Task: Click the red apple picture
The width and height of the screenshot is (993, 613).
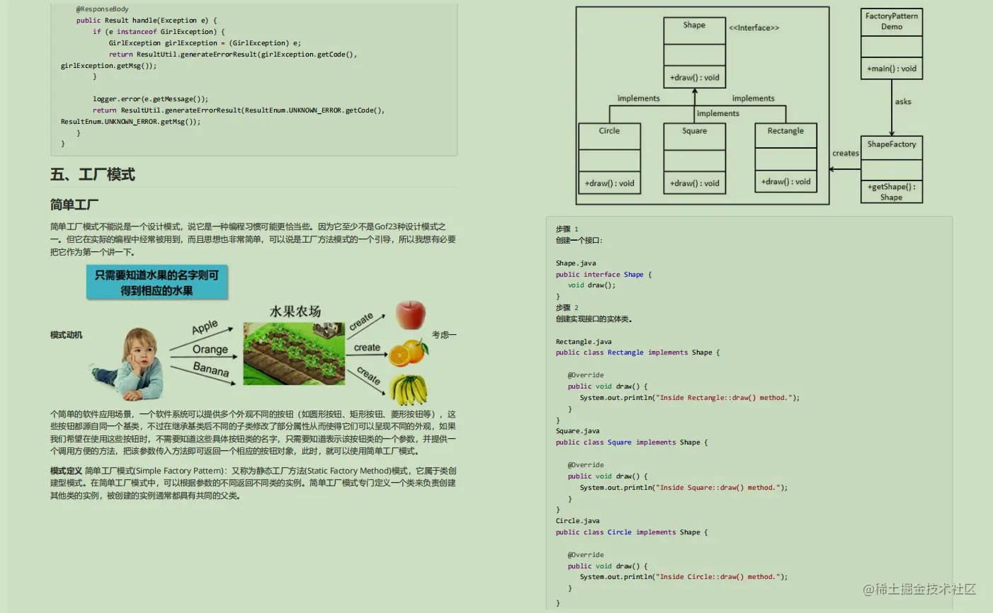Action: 411,314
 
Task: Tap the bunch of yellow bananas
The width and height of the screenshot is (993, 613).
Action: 409,390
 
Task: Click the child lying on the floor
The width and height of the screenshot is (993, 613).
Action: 132,363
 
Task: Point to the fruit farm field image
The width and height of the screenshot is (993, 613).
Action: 294,353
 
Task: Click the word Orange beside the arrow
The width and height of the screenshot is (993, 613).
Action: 210,350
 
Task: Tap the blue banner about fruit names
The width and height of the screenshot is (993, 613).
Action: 157,282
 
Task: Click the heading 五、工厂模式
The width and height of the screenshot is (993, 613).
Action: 93,175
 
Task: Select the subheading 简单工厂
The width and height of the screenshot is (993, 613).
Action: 74,205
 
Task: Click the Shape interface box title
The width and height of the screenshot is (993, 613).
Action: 694,25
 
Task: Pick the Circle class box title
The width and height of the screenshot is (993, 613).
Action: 609,131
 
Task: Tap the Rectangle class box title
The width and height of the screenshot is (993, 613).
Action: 785,131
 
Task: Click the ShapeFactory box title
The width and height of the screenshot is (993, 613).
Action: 892,144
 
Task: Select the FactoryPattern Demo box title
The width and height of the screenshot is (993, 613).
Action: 892,21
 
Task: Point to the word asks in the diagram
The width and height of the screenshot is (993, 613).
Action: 903,102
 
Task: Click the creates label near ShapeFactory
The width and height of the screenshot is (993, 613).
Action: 846,154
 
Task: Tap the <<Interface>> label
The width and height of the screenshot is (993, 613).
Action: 754,28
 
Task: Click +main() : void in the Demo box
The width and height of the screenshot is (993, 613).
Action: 892,69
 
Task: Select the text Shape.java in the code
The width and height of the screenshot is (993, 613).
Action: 576,263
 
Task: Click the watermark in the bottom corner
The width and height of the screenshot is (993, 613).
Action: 919,589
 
